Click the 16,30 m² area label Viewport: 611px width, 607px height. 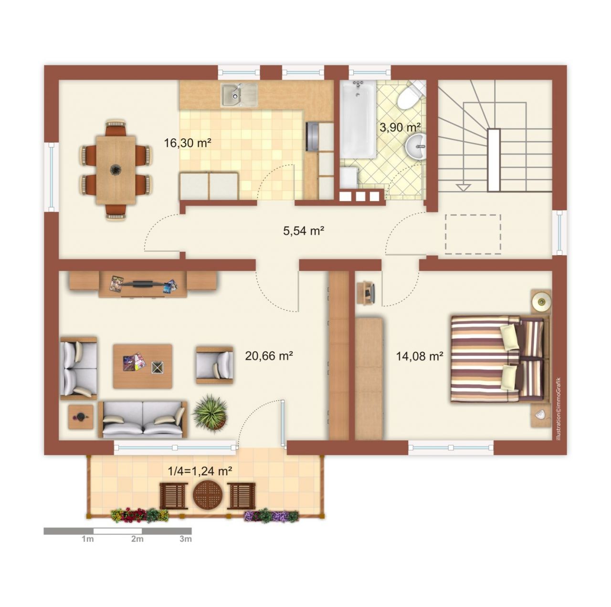tap(188, 143)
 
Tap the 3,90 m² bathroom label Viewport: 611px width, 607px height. tap(400, 127)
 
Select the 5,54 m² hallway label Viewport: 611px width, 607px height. tap(304, 231)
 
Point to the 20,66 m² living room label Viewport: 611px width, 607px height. tap(269, 356)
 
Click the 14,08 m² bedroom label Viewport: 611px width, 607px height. tap(419, 356)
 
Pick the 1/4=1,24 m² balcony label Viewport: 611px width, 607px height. tap(200, 471)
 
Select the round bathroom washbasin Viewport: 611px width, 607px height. tap(415, 146)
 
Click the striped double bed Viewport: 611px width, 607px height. tap(500, 359)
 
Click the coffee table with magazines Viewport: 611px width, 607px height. tap(143, 366)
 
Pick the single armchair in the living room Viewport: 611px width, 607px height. tap(214, 365)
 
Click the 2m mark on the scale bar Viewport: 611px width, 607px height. tap(137, 538)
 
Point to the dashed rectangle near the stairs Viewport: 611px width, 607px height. tap(473, 234)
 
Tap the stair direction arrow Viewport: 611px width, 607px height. tap(463, 187)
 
